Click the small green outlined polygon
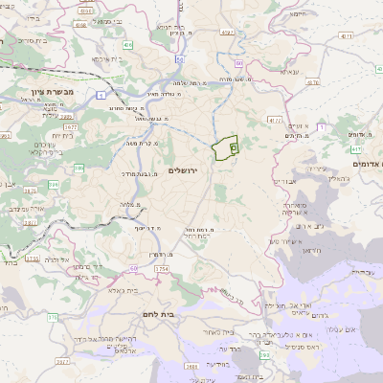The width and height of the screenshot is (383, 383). point(225,148)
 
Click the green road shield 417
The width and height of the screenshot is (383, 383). point(356,148)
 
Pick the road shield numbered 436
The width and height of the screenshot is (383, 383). point(128,44)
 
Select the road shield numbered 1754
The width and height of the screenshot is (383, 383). point(161,270)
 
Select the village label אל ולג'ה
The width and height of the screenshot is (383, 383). point(81,259)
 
